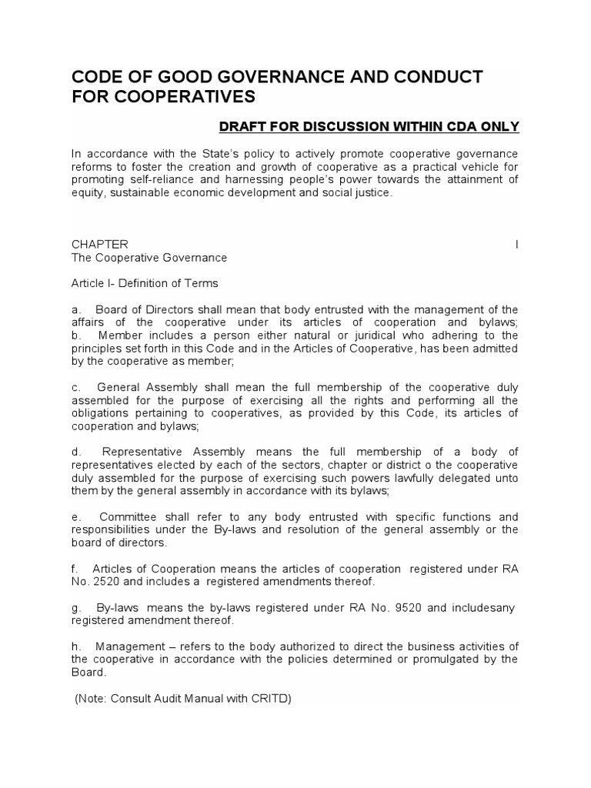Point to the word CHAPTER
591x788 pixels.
[100, 244]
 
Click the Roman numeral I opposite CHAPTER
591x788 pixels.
[516, 244]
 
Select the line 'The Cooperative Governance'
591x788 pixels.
[149, 257]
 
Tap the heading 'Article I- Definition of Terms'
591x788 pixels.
[145, 283]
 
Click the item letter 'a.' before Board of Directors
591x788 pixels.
[76, 309]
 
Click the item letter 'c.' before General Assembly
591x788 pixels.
[76, 387]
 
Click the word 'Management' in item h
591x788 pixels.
[135, 646]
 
